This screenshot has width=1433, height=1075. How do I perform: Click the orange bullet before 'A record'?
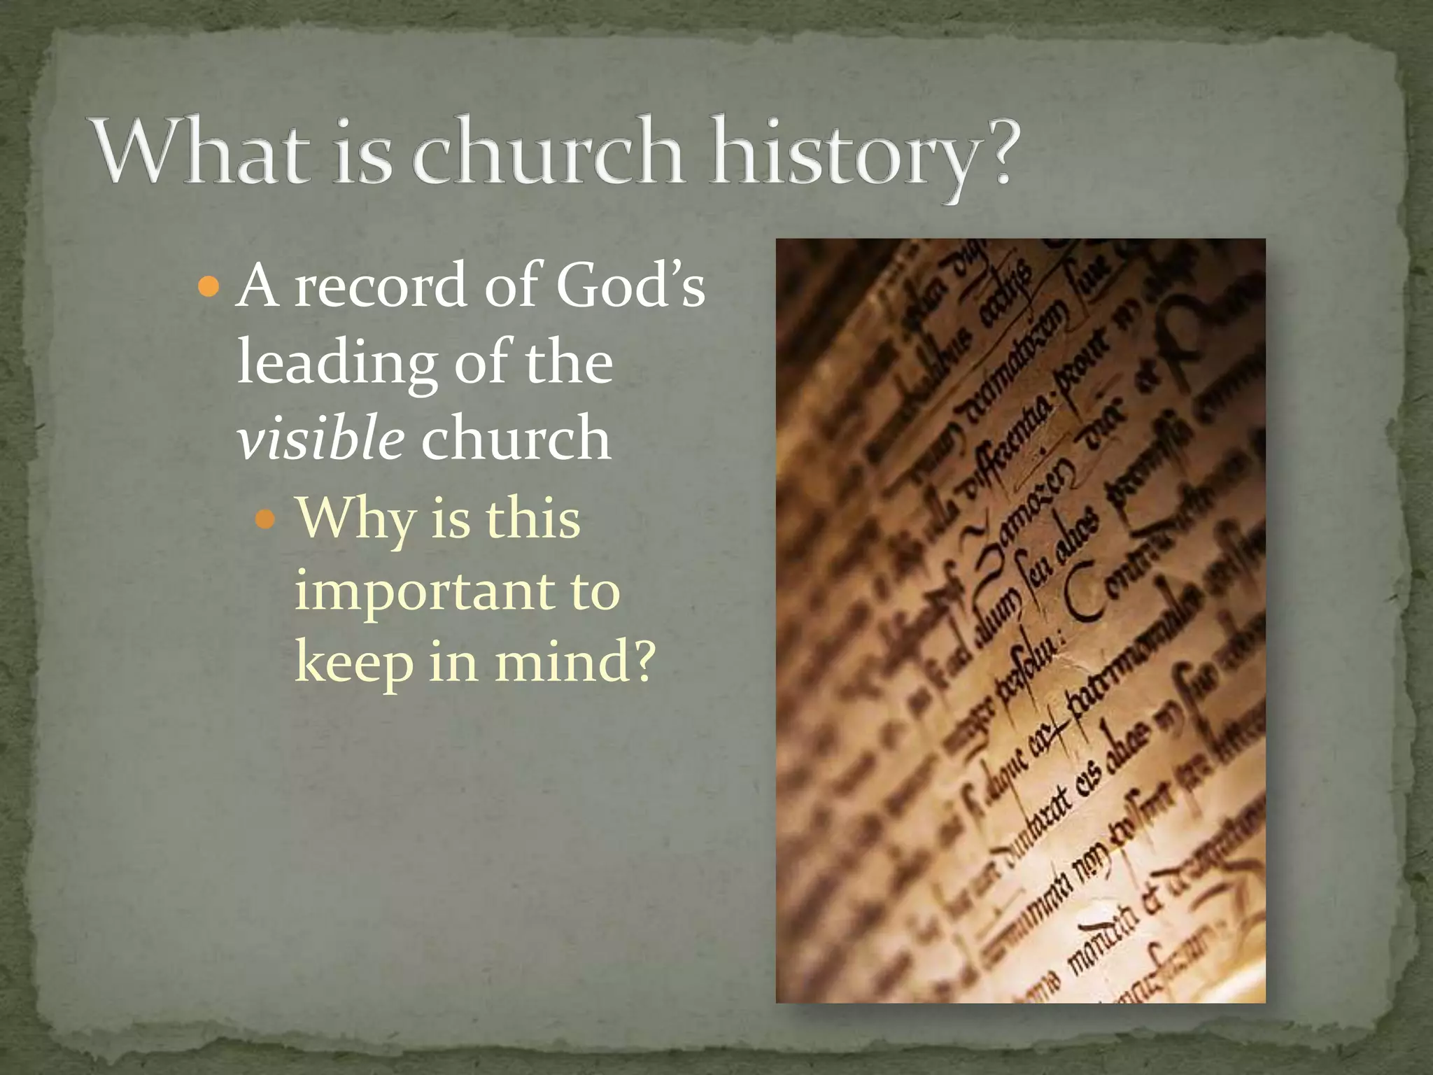209,286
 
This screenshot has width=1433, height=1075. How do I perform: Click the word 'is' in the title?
362,152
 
